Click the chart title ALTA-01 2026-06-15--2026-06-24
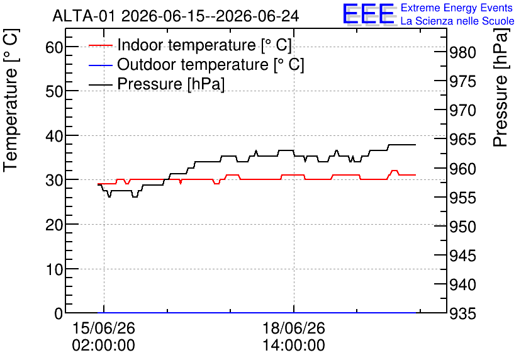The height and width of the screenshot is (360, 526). pos(176,16)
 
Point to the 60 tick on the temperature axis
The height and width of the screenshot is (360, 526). pos(54,47)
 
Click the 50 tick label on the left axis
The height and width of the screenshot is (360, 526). pos(54,91)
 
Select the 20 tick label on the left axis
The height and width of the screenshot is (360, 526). pos(54,225)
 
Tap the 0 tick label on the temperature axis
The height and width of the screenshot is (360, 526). pos(59,313)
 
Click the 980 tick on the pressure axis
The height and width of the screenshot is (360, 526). pos(462,52)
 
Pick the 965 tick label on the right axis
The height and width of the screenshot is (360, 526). pos(462,140)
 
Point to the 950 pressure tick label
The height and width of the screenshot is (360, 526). pos(462,227)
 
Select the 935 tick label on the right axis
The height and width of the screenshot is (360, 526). pos(462,314)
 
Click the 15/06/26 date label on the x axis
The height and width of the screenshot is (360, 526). pos(104,328)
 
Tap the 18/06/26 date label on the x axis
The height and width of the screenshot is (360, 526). pos(294,328)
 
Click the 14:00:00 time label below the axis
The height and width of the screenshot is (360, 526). pos(294,346)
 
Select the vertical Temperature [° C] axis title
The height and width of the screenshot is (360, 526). pos(11,100)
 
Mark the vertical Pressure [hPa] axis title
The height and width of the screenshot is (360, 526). pos(501,87)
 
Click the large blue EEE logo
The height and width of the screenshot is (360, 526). pos(368,14)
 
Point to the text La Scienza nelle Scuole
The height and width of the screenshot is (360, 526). pos(457,21)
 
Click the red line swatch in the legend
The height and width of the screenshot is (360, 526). pos(100,45)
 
